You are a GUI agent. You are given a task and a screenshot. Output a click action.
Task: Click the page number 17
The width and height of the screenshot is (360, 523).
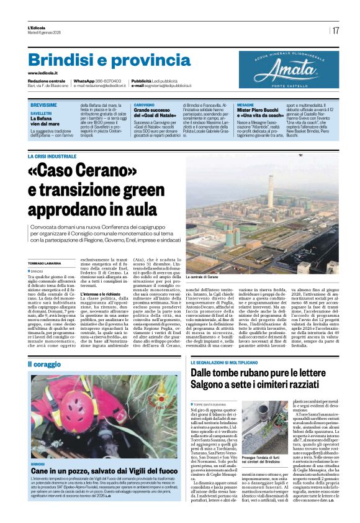pyautogui.click(x=335, y=30)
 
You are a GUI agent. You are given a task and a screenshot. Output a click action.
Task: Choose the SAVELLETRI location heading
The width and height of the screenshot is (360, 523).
pyautogui.click(x=42, y=114)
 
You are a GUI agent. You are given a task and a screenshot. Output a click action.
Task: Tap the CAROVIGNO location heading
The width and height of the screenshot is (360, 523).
pyautogui.click(x=144, y=106)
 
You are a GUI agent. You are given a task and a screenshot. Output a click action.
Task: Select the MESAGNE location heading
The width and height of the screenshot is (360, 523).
pyautogui.click(x=245, y=106)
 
